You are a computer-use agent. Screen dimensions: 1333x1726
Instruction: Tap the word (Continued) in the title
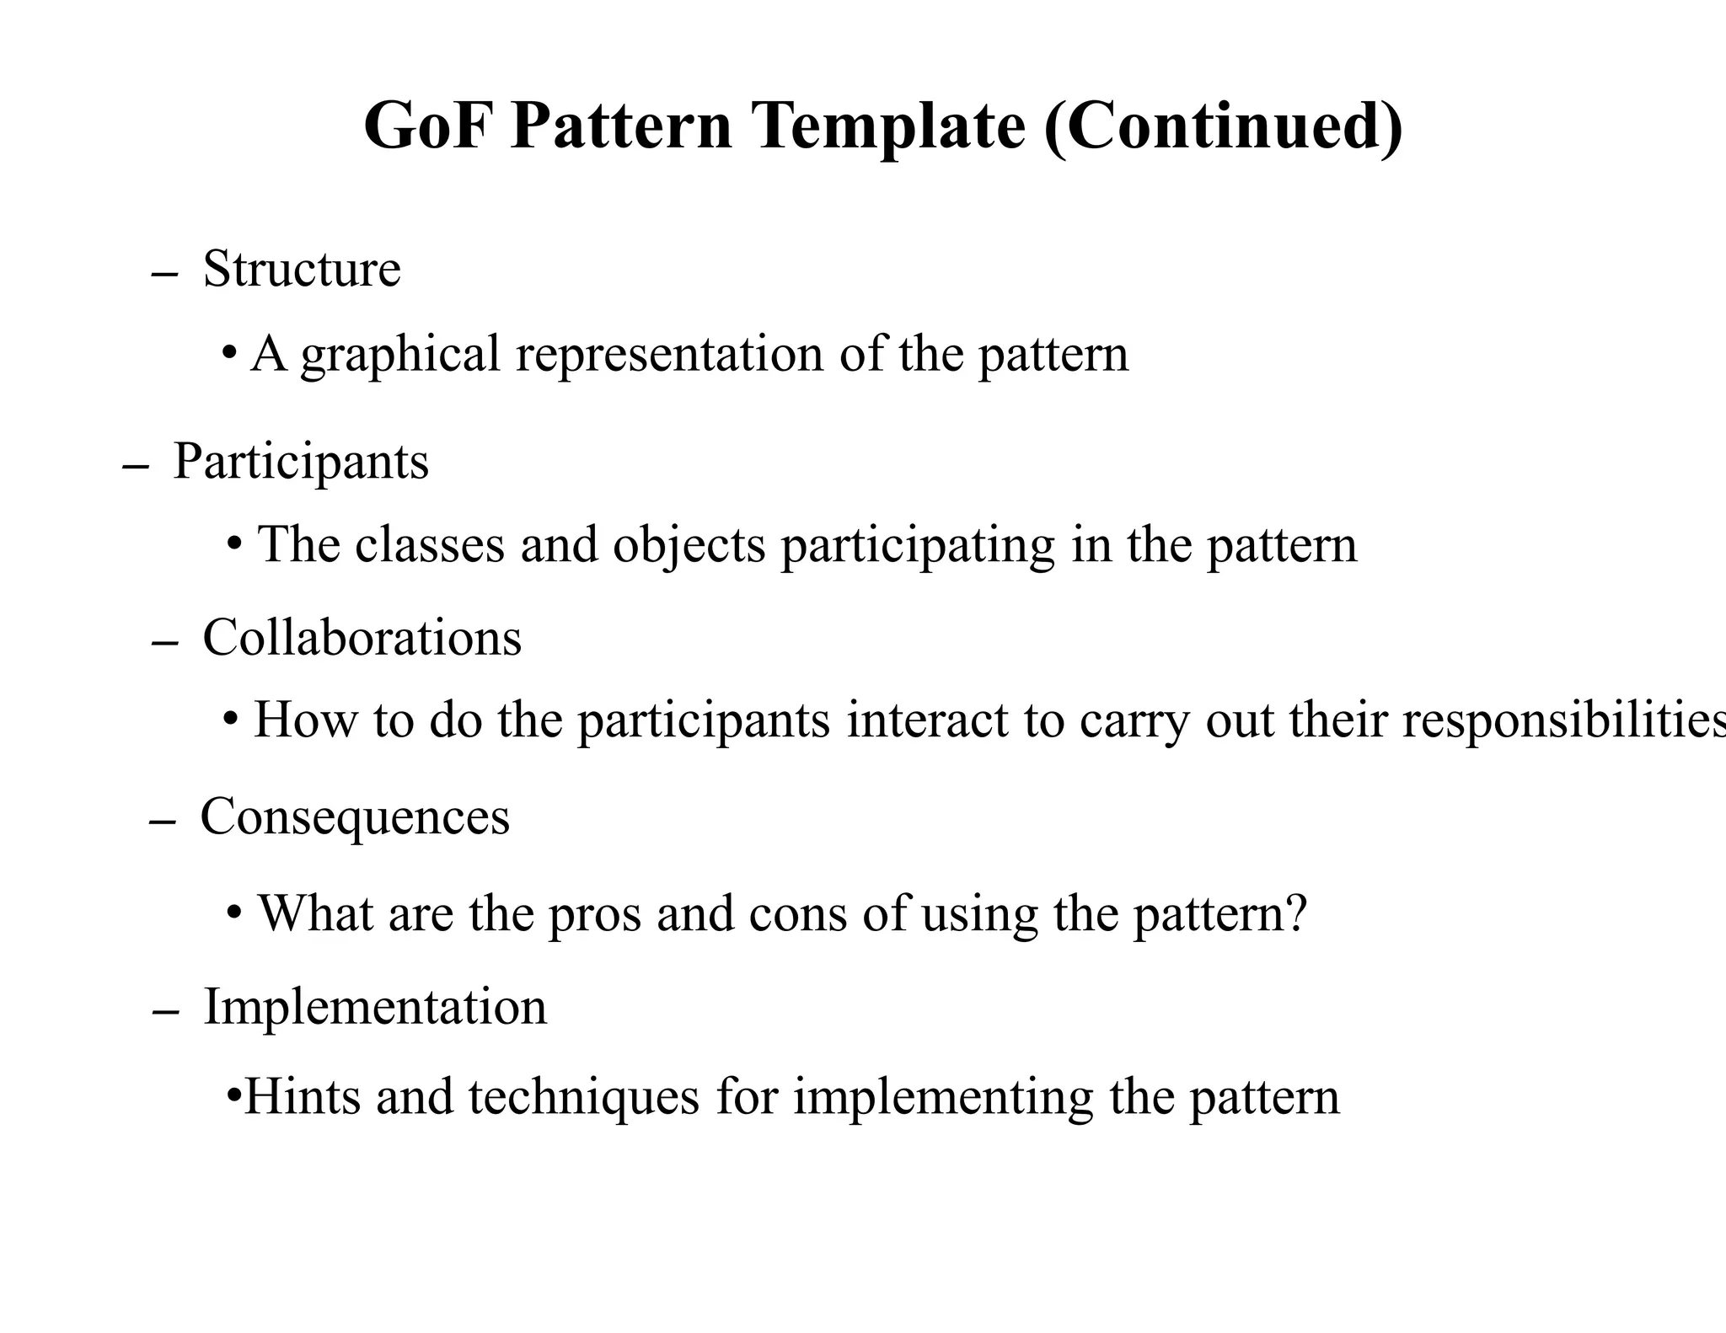(1223, 126)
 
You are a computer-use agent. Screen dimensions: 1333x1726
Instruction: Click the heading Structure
(302, 270)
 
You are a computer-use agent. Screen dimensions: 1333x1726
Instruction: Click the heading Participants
(301, 463)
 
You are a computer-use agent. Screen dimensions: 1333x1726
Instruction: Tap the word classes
(429, 544)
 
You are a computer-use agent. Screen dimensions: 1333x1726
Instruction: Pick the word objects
(689, 546)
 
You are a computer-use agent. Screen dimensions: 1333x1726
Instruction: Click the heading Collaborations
(362, 638)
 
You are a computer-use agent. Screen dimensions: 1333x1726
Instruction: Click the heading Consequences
(355, 817)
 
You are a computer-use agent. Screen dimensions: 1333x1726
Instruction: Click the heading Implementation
(375, 1007)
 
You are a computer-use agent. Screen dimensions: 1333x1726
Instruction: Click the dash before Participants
(136, 467)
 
